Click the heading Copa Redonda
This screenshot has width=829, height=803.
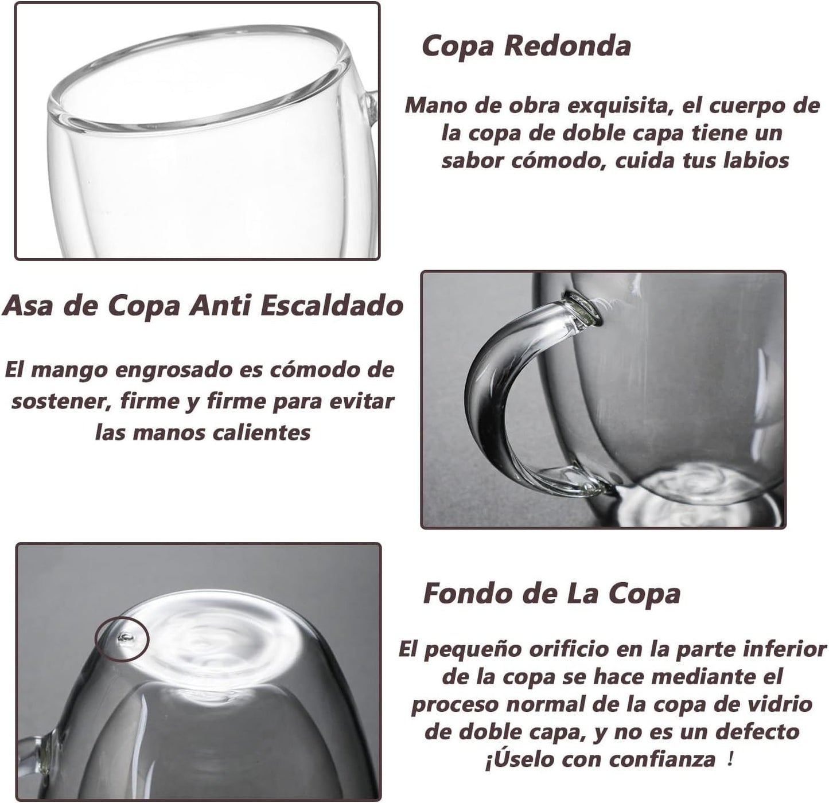(x=526, y=46)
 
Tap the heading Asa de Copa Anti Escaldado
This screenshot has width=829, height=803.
(x=203, y=306)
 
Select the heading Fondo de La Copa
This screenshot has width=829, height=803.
(x=552, y=594)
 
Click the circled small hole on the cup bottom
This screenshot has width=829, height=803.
(x=125, y=638)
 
